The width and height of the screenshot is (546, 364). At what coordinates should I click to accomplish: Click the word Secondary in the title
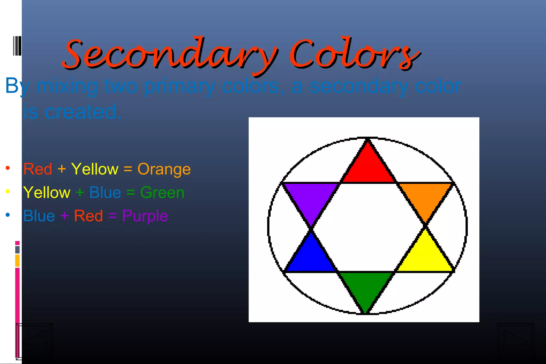point(171,55)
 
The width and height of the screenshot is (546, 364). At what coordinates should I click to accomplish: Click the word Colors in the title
point(355,55)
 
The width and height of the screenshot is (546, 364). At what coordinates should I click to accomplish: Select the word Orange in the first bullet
point(164,169)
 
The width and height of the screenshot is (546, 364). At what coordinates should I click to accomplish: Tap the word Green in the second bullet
point(162,193)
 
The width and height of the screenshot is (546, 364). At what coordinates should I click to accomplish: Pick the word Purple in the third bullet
point(145,216)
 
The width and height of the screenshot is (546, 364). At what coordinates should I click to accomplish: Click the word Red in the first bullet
point(38,169)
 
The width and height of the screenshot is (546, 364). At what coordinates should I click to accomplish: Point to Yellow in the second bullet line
point(47,193)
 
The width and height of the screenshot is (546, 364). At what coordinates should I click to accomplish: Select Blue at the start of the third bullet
point(39,216)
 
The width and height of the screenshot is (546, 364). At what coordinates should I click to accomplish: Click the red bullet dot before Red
point(8,168)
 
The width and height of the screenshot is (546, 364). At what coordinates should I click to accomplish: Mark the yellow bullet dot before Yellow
point(8,191)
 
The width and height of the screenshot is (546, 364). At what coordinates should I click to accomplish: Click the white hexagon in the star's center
point(368,227)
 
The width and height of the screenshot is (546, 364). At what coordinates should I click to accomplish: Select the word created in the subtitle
point(83,112)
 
